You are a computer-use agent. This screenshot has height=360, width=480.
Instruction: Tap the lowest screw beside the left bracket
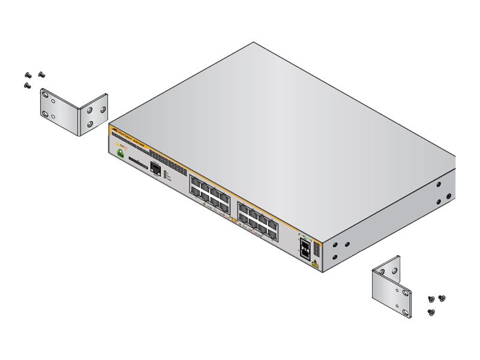(27, 85)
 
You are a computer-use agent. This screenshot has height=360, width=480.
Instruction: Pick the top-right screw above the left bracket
(41, 73)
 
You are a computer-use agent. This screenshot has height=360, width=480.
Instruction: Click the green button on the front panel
(121, 155)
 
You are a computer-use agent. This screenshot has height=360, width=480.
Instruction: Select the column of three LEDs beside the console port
(166, 175)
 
